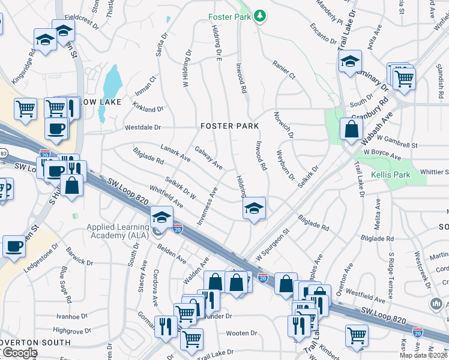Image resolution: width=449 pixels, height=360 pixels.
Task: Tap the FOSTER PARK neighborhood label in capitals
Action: (230, 126)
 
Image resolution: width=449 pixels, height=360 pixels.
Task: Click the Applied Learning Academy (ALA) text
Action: (118, 231)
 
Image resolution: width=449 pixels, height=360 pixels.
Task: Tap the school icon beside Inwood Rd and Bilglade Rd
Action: (254, 209)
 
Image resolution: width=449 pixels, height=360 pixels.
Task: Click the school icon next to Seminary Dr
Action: (350, 61)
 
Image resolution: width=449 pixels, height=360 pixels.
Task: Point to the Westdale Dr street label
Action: (143, 127)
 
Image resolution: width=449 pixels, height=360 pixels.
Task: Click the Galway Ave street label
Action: (209, 158)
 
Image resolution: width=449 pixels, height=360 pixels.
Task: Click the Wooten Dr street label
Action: (241, 333)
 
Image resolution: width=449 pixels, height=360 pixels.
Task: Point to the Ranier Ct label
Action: (284, 69)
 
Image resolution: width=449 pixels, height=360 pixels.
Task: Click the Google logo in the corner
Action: (19, 353)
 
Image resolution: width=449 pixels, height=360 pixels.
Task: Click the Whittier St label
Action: (434, 172)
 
